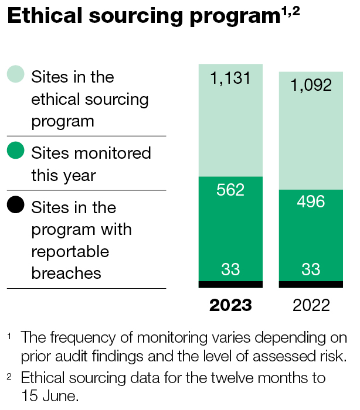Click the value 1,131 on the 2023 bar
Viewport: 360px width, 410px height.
(x=230, y=78)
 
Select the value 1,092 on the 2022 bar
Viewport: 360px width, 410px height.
(x=311, y=85)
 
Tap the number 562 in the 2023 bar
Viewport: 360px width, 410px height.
(x=230, y=190)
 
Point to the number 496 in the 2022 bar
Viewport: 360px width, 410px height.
(x=311, y=201)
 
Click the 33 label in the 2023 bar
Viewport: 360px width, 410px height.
(x=230, y=269)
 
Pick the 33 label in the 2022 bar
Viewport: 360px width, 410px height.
(x=311, y=269)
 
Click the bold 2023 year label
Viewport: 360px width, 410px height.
(x=230, y=305)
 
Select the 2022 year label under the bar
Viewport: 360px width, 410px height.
(x=311, y=305)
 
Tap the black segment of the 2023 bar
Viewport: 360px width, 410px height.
(x=230, y=285)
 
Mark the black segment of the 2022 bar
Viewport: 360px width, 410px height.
(x=311, y=285)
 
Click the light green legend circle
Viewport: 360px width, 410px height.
(x=16, y=74)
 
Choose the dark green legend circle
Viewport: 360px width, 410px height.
(x=16, y=150)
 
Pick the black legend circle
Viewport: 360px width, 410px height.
(x=16, y=204)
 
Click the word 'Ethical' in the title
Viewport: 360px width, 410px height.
(x=45, y=15)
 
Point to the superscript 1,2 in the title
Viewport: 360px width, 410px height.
(x=291, y=12)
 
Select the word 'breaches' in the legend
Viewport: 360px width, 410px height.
(x=66, y=273)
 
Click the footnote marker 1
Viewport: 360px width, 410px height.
(x=9, y=336)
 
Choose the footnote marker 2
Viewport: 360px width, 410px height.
(x=9, y=377)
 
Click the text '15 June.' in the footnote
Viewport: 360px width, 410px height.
(x=50, y=395)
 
